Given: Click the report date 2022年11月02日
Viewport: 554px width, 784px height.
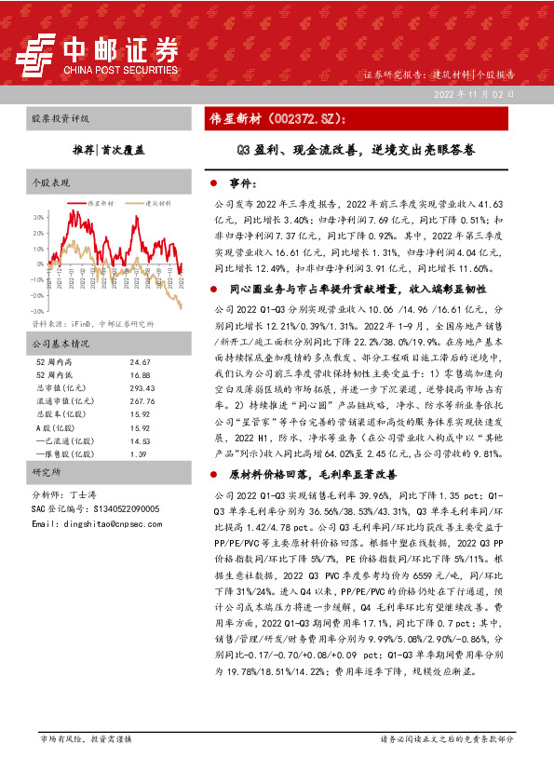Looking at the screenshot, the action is (x=473, y=95).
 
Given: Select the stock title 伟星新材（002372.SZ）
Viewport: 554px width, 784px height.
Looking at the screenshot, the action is (x=277, y=119).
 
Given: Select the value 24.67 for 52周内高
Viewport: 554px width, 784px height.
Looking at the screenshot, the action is (x=140, y=361).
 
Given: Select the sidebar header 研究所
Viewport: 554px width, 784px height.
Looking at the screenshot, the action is (x=46, y=472).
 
